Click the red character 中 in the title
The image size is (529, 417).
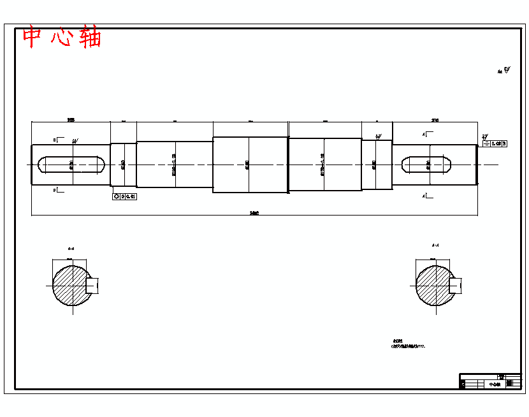coord(33,37)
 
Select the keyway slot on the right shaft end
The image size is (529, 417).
coord(427,165)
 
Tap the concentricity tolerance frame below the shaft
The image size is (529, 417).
coord(124,196)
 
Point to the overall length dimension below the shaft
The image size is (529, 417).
coord(254,213)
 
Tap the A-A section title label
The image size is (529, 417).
coord(435,245)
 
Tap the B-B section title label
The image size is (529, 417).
coord(71,248)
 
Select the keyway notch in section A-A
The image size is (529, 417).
coord(455,285)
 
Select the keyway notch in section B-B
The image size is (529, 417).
coord(93,285)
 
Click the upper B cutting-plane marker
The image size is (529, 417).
coord(56,139)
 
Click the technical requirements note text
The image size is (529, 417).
coord(408,344)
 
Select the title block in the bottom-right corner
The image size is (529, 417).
coord(490,381)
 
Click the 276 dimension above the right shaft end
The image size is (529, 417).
coord(435,120)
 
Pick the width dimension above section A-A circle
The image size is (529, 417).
coord(433,260)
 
